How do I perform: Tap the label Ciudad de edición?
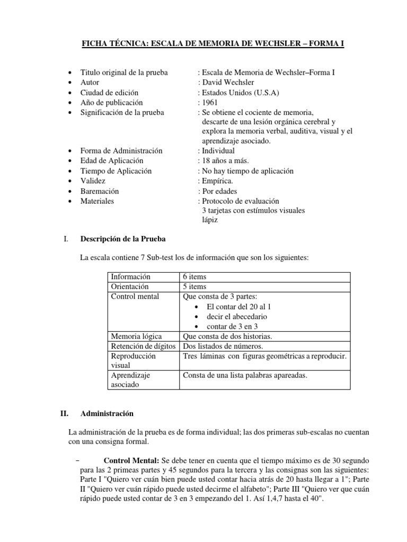click(111, 93)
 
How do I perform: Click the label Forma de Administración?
click(121, 151)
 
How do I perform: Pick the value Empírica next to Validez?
click(218, 181)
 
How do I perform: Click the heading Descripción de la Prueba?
click(123, 239)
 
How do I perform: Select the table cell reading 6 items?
click(194, 277)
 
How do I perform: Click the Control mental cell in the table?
click(135, 296)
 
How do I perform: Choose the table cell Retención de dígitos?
click(142, 346)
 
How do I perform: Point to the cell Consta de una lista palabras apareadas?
click(245, 375)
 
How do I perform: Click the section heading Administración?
click(107, 413)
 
